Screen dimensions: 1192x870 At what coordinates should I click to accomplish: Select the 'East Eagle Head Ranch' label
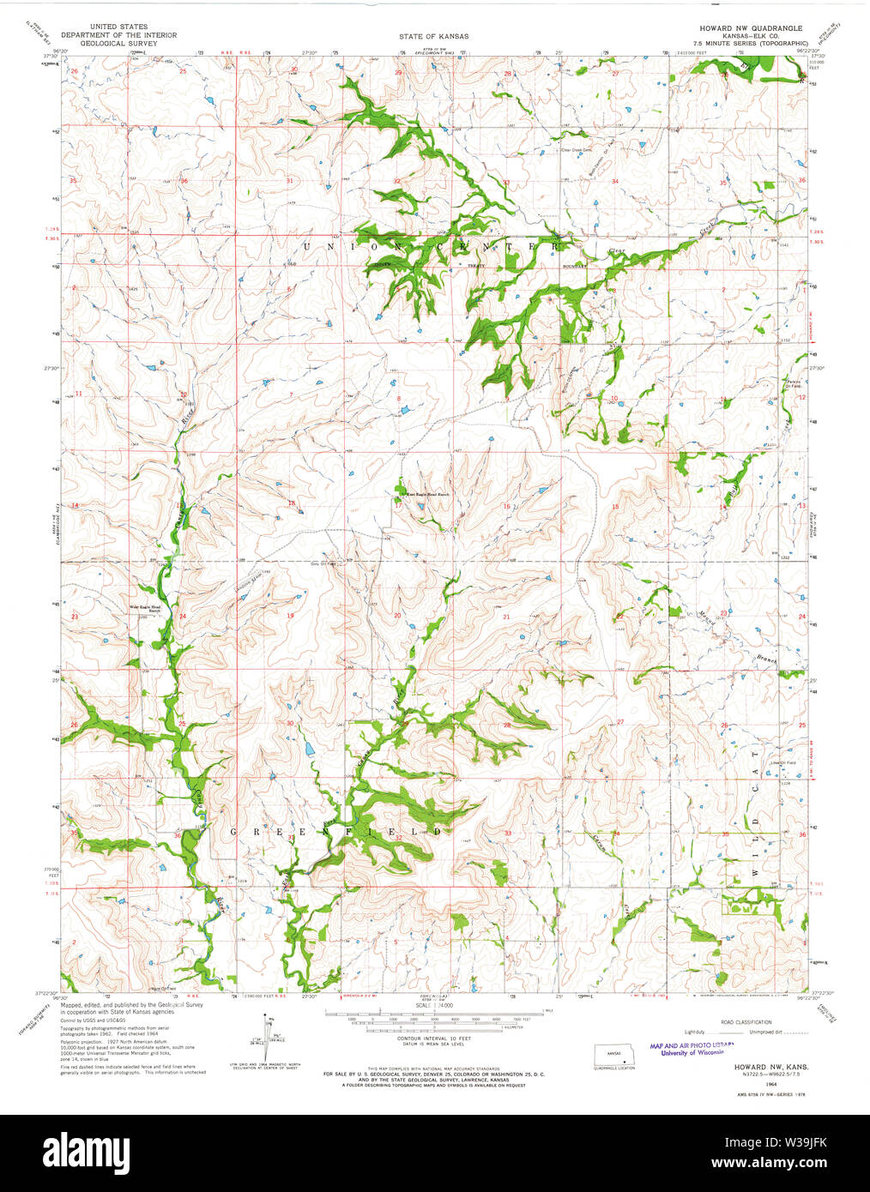424,495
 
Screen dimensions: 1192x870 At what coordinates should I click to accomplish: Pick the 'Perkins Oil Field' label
794,384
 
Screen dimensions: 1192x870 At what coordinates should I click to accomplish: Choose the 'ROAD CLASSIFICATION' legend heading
746,1022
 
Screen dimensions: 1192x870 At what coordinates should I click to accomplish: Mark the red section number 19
290,616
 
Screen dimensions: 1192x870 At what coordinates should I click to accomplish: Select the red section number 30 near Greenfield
290,724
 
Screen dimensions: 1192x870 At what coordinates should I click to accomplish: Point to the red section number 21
506,617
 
